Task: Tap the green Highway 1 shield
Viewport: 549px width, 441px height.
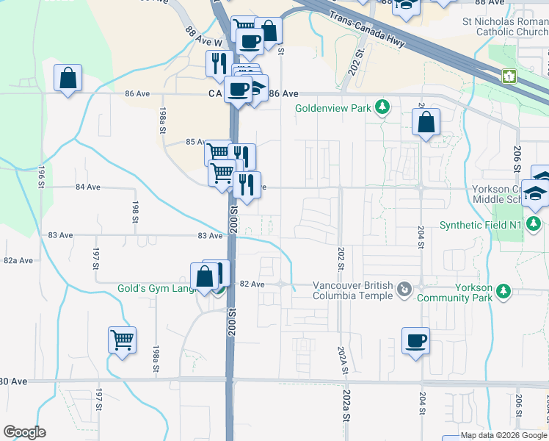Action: click(509, 76)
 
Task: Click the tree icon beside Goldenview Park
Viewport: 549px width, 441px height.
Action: click(382, 108)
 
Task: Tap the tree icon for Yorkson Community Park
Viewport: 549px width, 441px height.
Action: click(503, 292)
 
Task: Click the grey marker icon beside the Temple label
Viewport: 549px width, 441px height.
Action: click(403, 290)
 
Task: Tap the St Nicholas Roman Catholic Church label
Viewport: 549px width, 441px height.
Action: click(506, 27)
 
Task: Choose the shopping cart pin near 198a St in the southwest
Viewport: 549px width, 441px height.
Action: click(123, 340)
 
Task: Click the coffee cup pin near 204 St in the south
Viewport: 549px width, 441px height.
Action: click(415, 341)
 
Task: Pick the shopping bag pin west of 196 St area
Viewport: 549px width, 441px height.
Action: click(68, 78)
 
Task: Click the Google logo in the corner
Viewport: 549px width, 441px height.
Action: click(24, 432)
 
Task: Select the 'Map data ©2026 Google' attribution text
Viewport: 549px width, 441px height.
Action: click(503, 436)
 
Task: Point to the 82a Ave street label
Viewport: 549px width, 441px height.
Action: click(18, 260)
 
